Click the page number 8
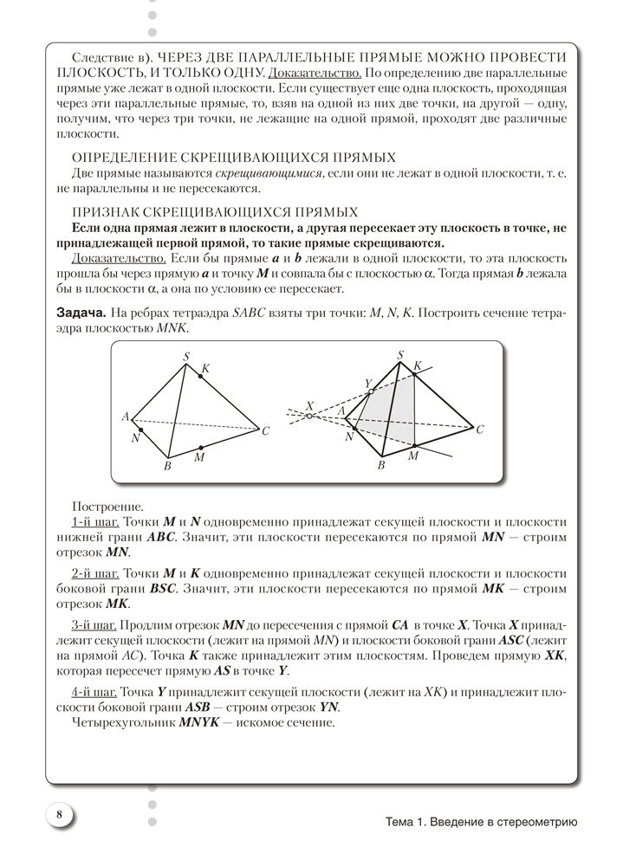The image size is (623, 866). [58, 814]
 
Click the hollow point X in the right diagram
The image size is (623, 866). [309, 416]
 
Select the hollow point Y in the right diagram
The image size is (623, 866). [371, 392]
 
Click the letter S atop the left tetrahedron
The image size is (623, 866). [185, 355]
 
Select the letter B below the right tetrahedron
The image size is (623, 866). [380, 466]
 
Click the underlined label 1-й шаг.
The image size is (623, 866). [95, 522]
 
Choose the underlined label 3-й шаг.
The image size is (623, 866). [95, 624]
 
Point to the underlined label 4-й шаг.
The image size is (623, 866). [95, 692]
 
